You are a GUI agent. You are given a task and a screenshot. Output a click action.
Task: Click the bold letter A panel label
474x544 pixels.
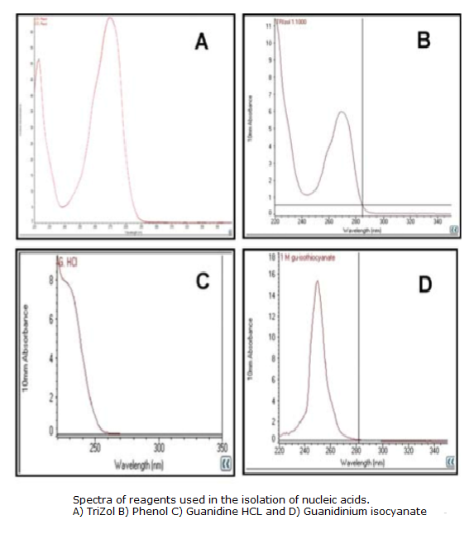(201, 41)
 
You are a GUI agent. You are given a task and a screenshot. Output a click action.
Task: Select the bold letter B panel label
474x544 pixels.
(424, 40)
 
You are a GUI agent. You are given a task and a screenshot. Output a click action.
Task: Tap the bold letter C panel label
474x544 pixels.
(203, 282)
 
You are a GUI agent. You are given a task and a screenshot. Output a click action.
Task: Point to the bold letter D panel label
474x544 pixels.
(424, 284)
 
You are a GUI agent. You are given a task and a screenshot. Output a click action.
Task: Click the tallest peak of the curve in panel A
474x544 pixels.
(111, 18)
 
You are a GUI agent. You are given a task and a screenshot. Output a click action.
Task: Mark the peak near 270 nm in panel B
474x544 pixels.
(341, 112)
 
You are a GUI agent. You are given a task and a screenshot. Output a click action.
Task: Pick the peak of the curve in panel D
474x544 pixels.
(317, 281)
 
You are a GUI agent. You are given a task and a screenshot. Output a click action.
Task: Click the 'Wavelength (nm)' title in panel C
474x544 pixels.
(140, 465)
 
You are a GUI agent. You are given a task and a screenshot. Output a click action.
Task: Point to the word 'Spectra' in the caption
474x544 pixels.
(90, 500)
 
